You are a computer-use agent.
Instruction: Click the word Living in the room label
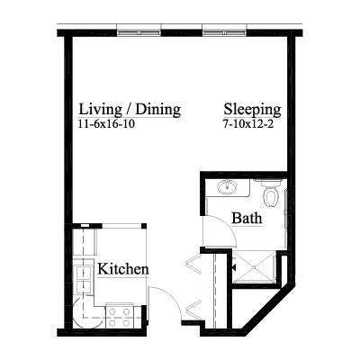[100, 110]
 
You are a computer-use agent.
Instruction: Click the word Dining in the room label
[158, 110]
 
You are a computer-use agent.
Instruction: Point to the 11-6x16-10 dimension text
[106, 124]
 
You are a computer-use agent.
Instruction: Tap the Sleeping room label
[252, 110]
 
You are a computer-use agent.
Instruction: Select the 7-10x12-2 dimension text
[248, 124]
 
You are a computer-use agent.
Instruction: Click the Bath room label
[247, 218]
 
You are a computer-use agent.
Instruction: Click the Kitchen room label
[123, 269]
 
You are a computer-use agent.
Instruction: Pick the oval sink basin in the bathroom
[228, 187]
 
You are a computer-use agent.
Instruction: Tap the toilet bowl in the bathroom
[271, 197]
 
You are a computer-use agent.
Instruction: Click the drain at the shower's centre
[254, 266]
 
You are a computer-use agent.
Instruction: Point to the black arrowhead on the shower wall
[233, 266]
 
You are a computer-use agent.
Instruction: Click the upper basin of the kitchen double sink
[84, 273]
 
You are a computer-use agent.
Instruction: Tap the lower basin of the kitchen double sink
[84, 287]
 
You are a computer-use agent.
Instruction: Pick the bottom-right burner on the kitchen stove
[127, 323]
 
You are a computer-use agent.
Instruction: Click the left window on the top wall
[139, 32]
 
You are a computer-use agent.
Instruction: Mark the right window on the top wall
[225, 32]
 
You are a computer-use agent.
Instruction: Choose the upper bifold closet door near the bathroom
[193, 264]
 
